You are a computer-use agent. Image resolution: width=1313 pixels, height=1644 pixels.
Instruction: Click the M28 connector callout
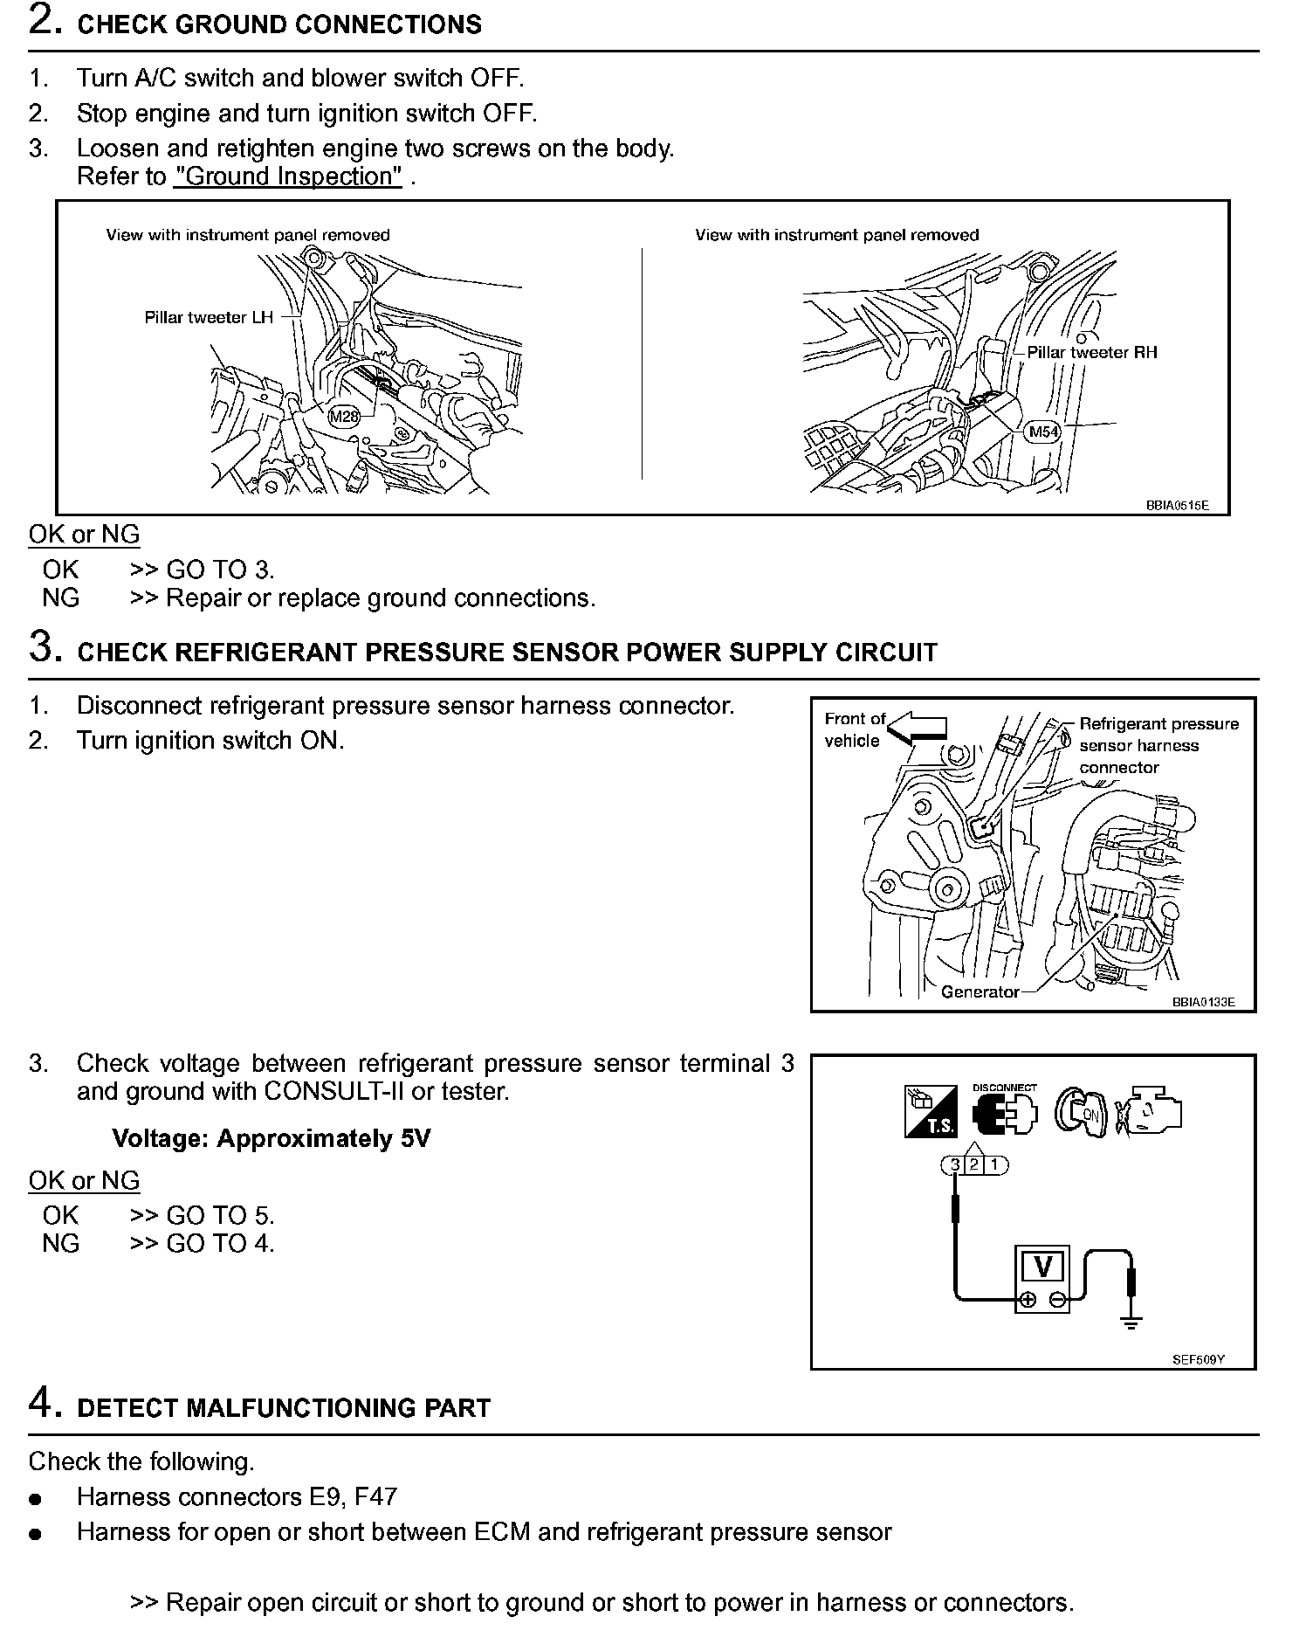coord(344,417)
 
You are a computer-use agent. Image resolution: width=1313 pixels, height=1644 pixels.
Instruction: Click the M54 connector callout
coord(1044,432)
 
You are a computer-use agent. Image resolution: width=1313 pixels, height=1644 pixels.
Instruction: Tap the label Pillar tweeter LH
coord(209,317)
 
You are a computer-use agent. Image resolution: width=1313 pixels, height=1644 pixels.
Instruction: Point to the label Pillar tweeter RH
coord(1092,352)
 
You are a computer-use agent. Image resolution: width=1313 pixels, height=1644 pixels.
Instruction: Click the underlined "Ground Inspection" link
coord(288,176)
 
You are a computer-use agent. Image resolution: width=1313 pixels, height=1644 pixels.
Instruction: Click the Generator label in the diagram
coord(980,991)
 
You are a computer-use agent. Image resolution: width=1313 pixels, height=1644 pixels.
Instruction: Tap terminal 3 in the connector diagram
coord(955,1164)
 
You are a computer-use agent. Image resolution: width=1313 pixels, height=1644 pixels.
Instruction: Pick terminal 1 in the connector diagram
coord(994,1164)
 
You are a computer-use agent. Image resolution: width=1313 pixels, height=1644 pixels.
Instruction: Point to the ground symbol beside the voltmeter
coord(1131,1323)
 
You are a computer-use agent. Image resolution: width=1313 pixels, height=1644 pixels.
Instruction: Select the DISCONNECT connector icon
coord(1005,1112)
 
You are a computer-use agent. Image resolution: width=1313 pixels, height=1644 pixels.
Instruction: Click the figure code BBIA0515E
coord(1177,506)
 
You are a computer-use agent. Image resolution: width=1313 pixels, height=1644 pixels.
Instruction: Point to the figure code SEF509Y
coord(1198,1359)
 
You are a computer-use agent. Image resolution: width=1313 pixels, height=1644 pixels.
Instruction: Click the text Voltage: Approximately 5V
coord(271,1139)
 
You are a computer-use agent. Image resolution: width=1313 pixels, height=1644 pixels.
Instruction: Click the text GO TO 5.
coord(220,1215)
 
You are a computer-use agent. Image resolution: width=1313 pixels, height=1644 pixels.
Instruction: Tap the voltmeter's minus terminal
coord(1057,1301)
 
